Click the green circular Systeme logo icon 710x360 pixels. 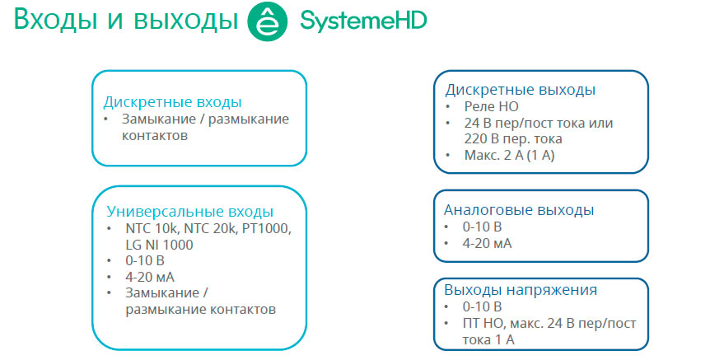(x=268, y=21)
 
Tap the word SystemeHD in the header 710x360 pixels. (x=363, y=21)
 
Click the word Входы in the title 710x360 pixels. (x=56, y=20)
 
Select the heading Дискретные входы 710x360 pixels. (x=172, y=102)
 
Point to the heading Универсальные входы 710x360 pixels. (x=190, y=212)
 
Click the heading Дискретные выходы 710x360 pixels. (x=521, y=90)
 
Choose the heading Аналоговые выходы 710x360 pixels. (x=519, y=210)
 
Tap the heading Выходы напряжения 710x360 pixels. (x=521, y=290)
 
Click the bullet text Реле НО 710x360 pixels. (x=491, y=107)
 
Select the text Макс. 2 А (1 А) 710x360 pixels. (x=509, y=156)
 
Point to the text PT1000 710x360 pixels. (x=267, y=229)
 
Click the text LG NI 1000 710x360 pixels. (x=160, y=245)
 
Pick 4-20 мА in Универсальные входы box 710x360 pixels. (x=150, y=277)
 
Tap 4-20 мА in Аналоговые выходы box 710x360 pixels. (x=488, y=244)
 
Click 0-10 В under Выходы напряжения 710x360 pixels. (x=482, y=307)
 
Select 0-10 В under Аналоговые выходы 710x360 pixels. (x=482, y=227)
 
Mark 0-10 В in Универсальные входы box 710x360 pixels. (x=145, y=261)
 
